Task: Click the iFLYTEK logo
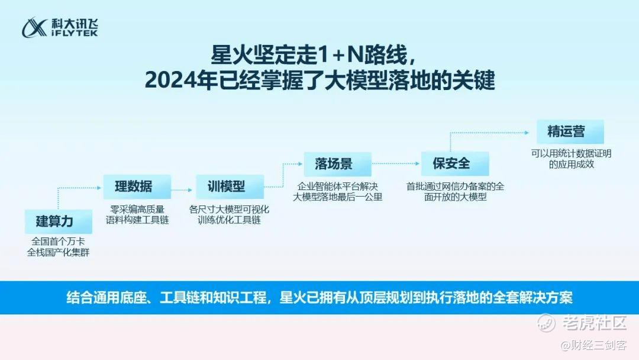click(x=60, y=27)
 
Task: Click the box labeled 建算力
click(x=58, y=221)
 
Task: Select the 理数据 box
click(x=137, y=187)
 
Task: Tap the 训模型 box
click(x=230, y=187)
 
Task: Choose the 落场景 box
click(x=337, y=164)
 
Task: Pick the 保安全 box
click(x=455, y=164)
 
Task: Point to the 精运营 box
click(x=570, y=131)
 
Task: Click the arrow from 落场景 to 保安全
click(x=396, y=163)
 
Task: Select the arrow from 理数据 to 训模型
click(x=182, y=190)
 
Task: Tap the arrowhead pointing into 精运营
click(x=527, y=133)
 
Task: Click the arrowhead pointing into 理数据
click(x=99, y=188)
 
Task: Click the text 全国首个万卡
click(x=58, y=242)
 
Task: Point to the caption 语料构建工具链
click(x=137, y=220)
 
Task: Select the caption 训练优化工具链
click(x=229, y=220)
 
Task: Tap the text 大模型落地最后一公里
click(x=338, y=197)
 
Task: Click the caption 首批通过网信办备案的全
click(x=455, y=187)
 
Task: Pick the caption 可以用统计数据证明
click(x=571, y=154)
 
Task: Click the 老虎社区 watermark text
click(x=595, y=323)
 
